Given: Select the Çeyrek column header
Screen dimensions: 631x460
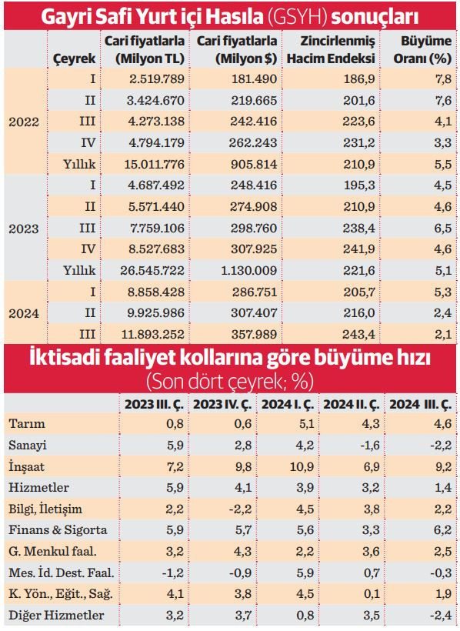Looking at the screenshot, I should tap(74, 58).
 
